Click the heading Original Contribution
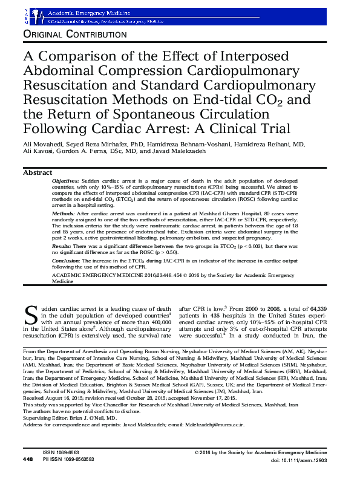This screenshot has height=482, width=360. coord(74,35)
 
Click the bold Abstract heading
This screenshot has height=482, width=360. coord(38,172)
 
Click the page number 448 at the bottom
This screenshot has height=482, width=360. coord(28,477)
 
